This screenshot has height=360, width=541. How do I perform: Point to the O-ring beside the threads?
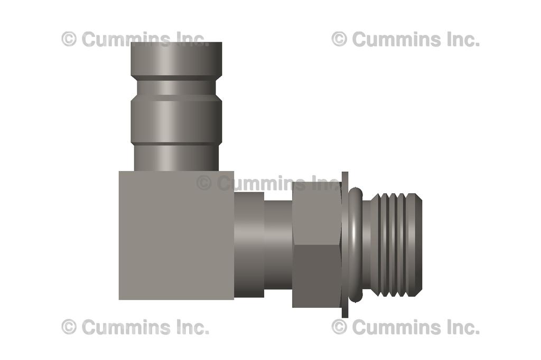[x=355, y=244]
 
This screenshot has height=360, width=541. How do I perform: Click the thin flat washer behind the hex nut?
[x=345, y=244]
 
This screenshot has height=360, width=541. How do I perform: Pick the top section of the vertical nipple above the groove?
[x=176, y=59]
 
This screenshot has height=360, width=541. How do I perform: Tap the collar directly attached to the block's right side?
[x=249, y=244]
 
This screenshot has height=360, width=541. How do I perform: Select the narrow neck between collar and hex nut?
[x=278, y=244]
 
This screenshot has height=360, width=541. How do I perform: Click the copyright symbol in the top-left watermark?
[x=69, y=39]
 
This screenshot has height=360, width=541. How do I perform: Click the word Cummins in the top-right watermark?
[x=391, y=39]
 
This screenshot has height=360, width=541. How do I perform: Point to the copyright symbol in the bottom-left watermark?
[x=69, y=327]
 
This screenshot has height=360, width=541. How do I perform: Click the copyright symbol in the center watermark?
[x=204, y=183]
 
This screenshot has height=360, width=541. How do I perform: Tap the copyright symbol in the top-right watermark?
[x=339, y=39]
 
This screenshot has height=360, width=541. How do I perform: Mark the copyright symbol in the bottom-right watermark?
[x=339, y=327]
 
